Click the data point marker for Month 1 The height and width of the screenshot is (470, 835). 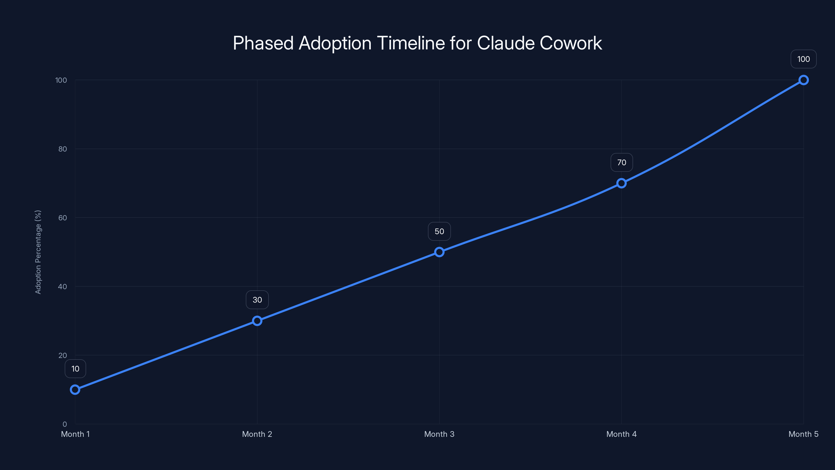point(75,389)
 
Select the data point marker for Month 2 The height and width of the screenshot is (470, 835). point(257,321)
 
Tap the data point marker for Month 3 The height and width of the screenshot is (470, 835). point(439,252)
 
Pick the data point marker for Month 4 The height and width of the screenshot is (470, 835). point(621,183)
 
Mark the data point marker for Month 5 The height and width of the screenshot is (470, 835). point(804,80)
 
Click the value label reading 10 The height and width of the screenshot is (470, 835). point(75,369)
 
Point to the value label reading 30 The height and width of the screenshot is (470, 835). point(257,300)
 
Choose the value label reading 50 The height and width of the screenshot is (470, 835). point(439,231)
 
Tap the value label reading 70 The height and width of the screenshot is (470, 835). point(621,162)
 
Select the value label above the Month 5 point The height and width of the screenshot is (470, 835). point(804,59)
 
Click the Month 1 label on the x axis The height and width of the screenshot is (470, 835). point(75,434)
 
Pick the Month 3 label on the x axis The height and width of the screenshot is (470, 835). point(439,434)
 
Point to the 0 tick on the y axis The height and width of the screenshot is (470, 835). point(65,424)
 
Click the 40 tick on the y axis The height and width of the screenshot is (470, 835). point(63,286)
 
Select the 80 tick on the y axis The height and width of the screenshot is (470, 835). point(63,149)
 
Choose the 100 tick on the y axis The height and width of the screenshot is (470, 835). point(61,80)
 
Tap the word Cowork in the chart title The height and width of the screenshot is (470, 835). point(570,43)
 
